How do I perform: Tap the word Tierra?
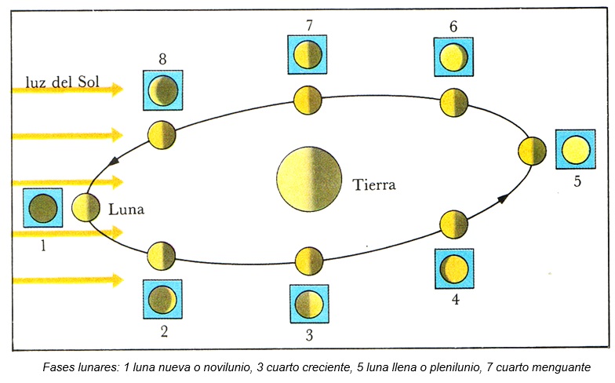(x=374, y=186)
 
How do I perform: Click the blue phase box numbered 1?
(x=42, y=209)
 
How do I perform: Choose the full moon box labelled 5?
(x=576, y=148)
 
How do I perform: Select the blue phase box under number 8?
(x=162, y=90)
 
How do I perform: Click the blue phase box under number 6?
(x=454, y=57)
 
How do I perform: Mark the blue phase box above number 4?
(x=454, y=268)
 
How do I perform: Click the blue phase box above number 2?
(x=162, y=299)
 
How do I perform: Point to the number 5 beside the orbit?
(x=577, y=182)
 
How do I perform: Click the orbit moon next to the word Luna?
(x=86, y=208)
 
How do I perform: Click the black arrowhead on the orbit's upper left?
(x=115, y=160)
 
